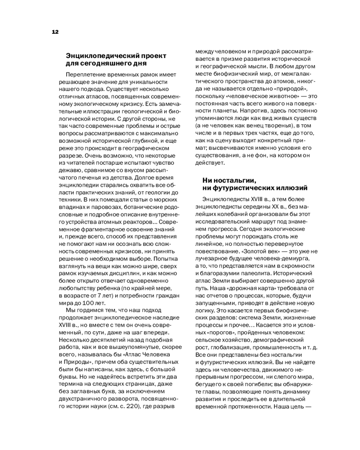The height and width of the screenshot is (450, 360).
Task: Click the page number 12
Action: (55, 32)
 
